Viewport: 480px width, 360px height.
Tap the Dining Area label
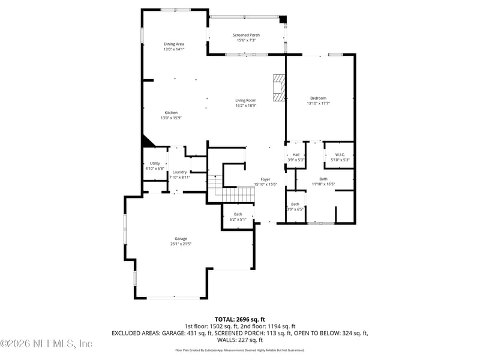point(173,44)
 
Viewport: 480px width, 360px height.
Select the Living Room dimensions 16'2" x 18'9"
point(245,106)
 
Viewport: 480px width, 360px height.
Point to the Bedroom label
point(318,98)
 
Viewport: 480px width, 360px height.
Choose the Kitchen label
point(171,113)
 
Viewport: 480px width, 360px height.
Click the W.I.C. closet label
point(340,155)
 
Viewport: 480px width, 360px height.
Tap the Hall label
point(295,155)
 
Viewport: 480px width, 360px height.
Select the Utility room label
point(155,163)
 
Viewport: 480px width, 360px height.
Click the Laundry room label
point(179,172)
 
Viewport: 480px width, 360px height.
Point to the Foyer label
point(265,179)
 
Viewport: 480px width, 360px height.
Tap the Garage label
point(181,238)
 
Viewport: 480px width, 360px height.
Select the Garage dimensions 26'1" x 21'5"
point(181,244)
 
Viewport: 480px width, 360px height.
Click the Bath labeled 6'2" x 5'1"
point(238,217)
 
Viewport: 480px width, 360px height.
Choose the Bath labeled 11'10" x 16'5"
point(323,181)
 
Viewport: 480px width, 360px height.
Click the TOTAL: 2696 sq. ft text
point(239,319)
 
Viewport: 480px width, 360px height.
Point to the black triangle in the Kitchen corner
point(147,141)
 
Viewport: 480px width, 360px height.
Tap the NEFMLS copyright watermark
point(46,344)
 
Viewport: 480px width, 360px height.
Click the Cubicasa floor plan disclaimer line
point(239,350)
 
